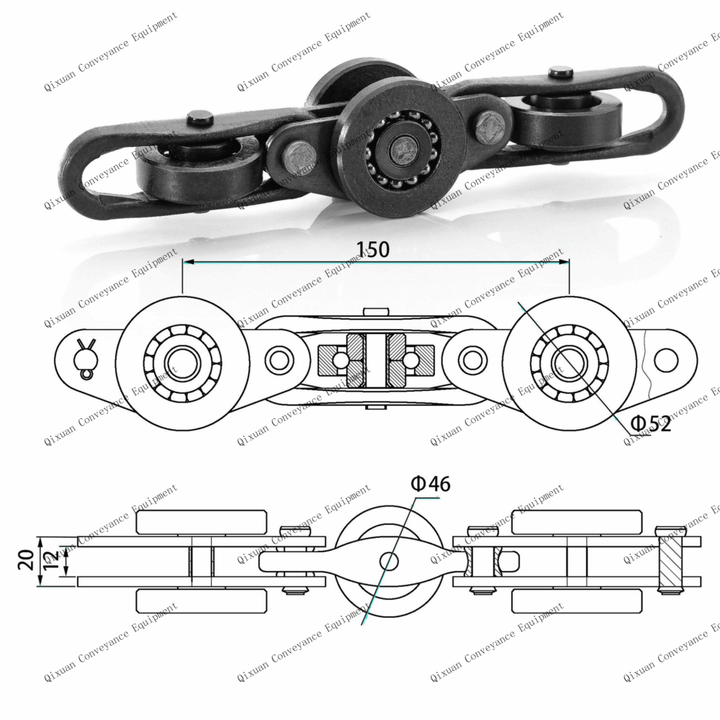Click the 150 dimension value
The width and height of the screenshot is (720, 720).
(x=373, y=250)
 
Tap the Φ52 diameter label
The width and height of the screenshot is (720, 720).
(x=651, y=424)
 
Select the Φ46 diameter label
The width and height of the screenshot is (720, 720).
(x=431, y=484)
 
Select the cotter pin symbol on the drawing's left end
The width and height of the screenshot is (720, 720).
(x=86, y=356)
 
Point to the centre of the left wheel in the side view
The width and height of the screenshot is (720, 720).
(x=182, y=358)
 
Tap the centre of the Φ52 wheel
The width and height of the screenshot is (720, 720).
(x=569, y=358)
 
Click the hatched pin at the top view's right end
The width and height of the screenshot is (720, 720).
(x=674, y=561)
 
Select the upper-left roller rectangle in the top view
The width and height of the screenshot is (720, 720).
(x=202, y=522)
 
